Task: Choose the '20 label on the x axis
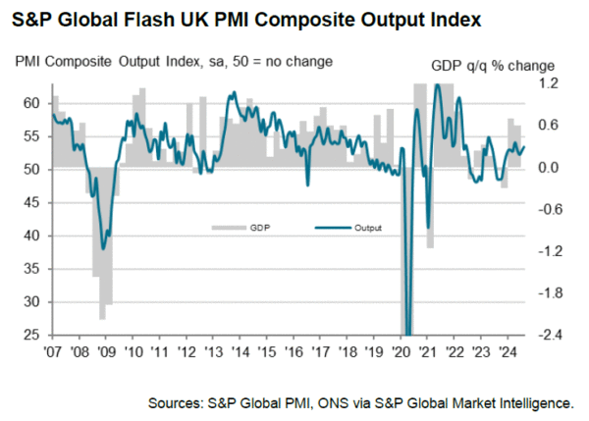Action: tap(402, 348)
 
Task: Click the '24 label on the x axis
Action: tap(508, 348)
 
